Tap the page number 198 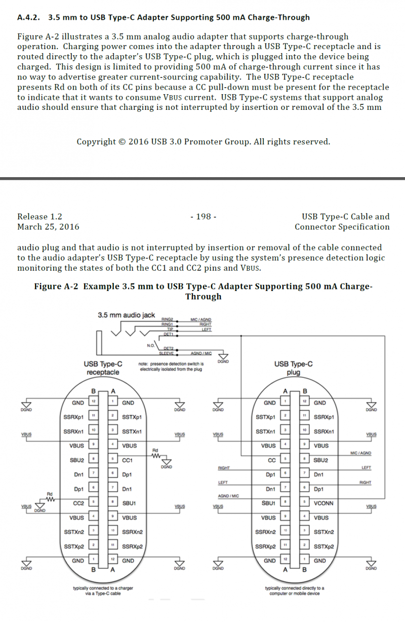pyautogui.click(x=203, y=217)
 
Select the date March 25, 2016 pyautogui.click(x=48, y=227)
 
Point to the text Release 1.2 pyautogui.click(x=39, y=217)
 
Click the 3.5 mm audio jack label pyautogui.click(x=126, y=315)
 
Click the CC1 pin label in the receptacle pyautogui.click(x=128, y=460)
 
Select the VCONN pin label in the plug pyautogui.click(x=323, y=503)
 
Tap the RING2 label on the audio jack pyautogui.click(x=167, y=319)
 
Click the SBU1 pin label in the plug pyautogui.click(x=268, y=503)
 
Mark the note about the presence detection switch pyautogui.click(x=171, y=366)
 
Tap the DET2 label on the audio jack pyautogui.click(x=168, y=348)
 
